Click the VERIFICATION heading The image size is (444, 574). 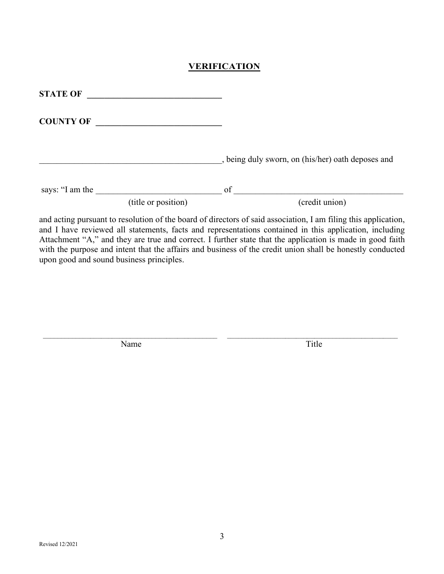pyautogui.click(x=224, y=66)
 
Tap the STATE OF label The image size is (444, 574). pyautogui.click(x=60, y=94)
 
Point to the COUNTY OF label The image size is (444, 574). pyautogui.click(x=65, y=121)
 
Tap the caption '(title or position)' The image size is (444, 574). pyautogui.click(x=158, y=202)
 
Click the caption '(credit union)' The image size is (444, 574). pyautogui.click(x=322, y=202)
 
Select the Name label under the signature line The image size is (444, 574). pyautogui.click(x=131, y=344)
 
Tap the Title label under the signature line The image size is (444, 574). pyautogui.click(x=314, y=344)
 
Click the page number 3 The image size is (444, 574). pyautogui.click(x=222, y=536)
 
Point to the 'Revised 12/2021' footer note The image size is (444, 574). pyautogui.click(x=55, y=544)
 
